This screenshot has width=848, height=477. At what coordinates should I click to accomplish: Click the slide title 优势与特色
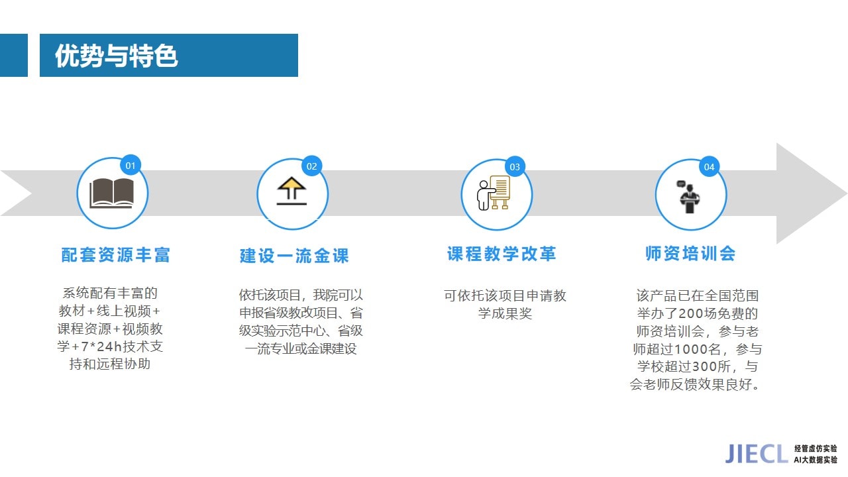116,56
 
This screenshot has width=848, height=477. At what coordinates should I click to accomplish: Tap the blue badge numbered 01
131,166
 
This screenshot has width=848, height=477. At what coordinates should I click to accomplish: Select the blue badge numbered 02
311,166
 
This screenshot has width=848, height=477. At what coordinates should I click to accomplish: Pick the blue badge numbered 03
515,167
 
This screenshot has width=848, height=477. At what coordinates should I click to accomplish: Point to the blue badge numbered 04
709,167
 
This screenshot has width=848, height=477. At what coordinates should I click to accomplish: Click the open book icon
112,193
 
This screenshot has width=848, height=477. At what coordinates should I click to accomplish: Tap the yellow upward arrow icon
291,191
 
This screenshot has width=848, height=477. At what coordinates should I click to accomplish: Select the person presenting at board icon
494,192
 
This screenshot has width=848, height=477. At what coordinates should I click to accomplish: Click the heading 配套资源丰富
115,255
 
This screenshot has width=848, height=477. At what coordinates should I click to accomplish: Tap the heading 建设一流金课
294,256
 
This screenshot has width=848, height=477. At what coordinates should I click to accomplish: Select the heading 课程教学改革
502,254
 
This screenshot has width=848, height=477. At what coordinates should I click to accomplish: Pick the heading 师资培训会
690,253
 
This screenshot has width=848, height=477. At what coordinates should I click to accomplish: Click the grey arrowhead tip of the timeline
846,193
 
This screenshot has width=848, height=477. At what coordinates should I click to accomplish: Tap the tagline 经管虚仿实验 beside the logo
816,449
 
